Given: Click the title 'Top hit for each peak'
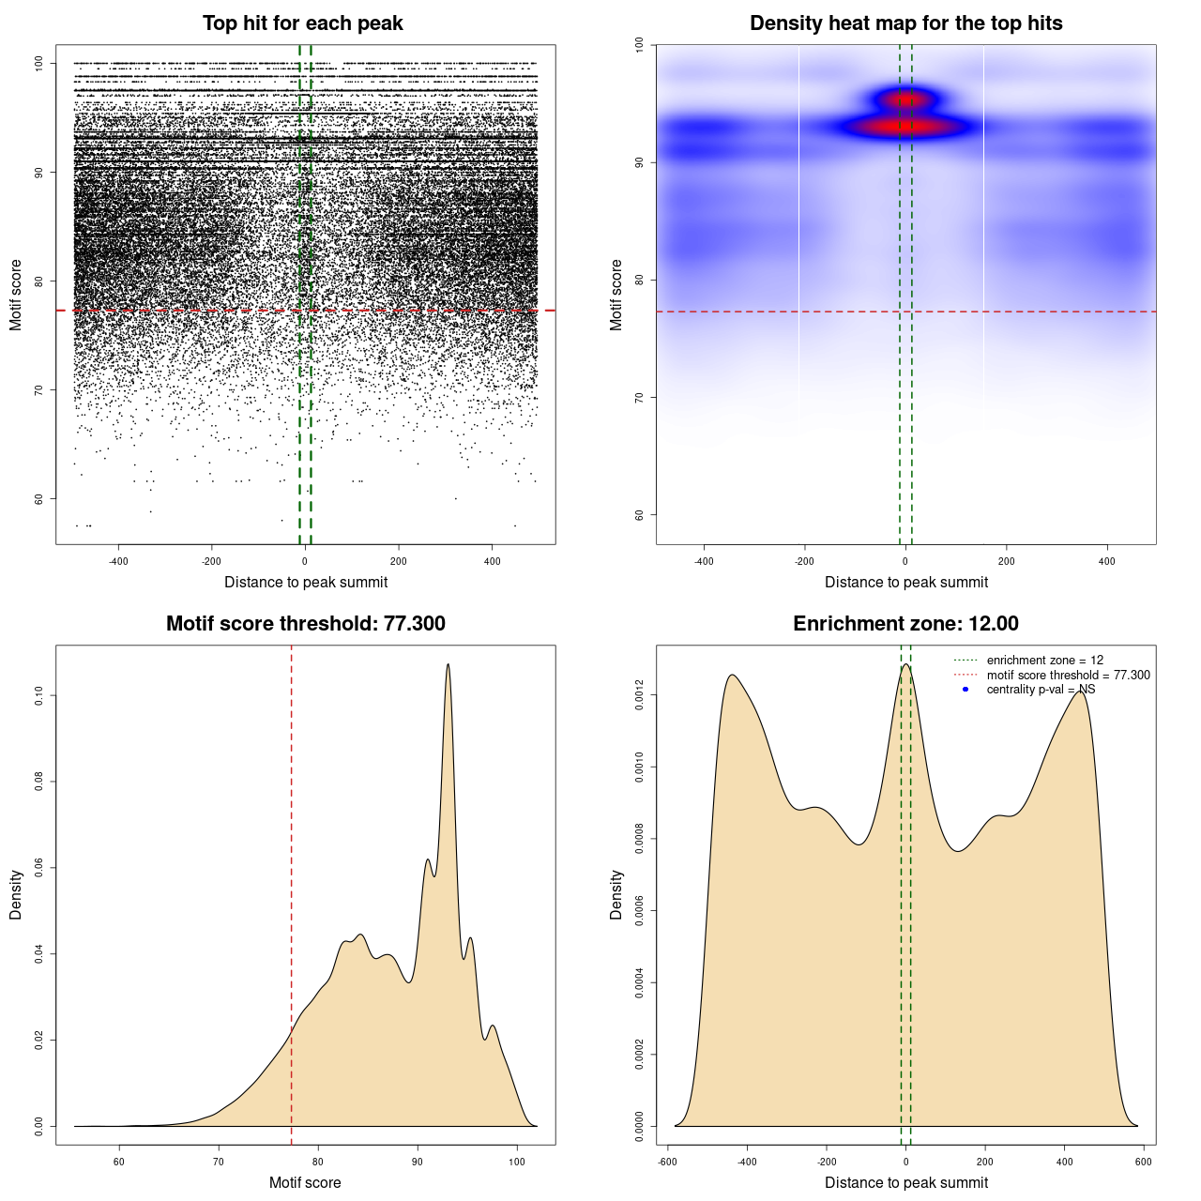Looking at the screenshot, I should (303, 23).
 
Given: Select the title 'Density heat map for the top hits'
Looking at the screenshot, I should (905, 23).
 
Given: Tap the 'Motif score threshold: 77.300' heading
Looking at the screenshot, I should (305, 624).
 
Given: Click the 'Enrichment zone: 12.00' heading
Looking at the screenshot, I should (905, 624).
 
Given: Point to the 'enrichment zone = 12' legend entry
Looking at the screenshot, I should (1044, 661).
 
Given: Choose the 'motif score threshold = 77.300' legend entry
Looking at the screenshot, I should (1068, 675).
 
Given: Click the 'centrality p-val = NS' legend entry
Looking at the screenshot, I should (1041, 690).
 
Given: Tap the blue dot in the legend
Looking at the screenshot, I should (965, 690).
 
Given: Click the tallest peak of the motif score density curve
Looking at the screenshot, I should (448, 665).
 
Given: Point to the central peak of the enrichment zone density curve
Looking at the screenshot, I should (905, 665).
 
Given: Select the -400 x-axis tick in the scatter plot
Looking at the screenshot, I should (118, 561).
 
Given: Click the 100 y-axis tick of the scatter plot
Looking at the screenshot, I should (39, 63).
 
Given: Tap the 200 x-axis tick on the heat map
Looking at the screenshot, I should (1007, 561).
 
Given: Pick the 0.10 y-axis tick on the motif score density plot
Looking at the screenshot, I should (39, 695).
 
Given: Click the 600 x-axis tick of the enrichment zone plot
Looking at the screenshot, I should (1143, 1162).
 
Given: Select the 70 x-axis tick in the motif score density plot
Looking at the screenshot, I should (219, 1162).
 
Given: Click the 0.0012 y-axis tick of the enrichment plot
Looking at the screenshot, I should (640, 695).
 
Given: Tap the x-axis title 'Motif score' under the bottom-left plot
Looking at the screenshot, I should (305, 1182).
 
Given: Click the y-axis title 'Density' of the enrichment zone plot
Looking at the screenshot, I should (616, 894).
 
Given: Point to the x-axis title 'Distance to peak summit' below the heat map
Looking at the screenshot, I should (905, 582).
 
